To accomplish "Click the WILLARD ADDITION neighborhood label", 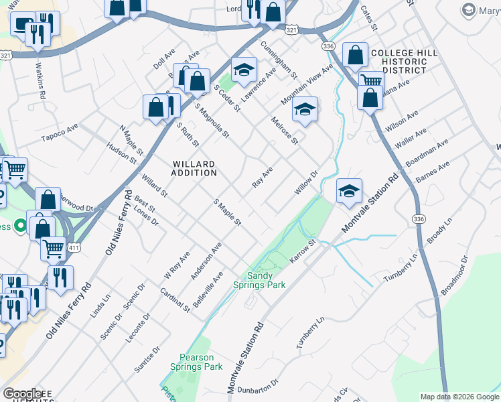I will tap(194, 168).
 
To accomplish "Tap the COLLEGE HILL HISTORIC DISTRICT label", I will tap(404, 62).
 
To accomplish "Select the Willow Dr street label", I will tap(305, 183).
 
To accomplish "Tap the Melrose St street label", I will tap(284, 130).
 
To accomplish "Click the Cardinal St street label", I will tap(175, 299).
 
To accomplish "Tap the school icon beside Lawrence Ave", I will tap(244, 69).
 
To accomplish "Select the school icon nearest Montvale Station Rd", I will tap(349, 191).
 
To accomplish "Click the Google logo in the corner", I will tap(22, 393).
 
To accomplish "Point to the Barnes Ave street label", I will tap(432, 171).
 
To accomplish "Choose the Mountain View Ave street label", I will tap(307, 84).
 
